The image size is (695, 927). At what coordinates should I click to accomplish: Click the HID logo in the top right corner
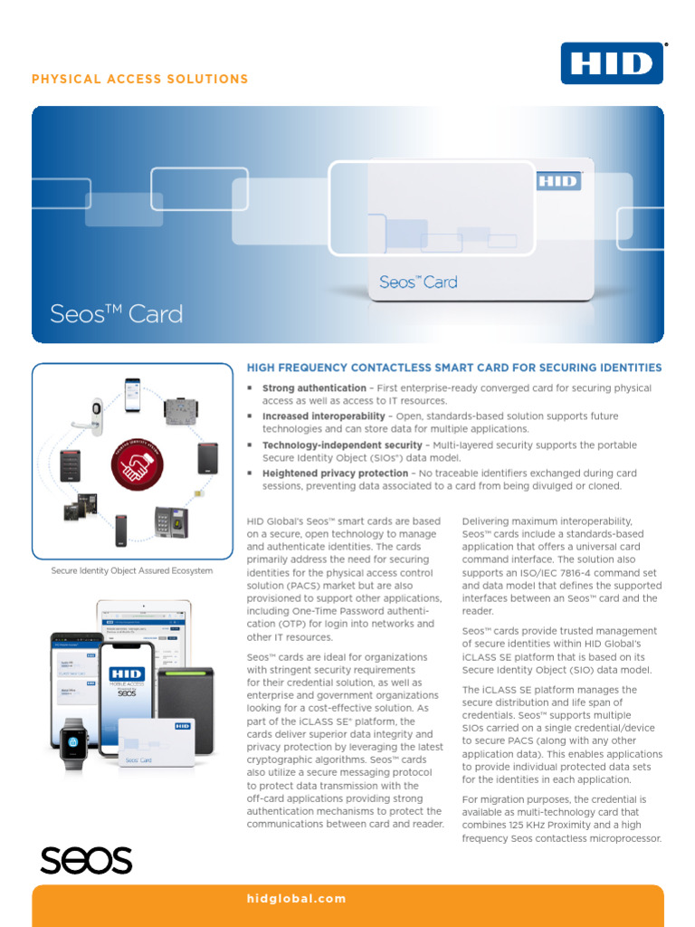point(613,62)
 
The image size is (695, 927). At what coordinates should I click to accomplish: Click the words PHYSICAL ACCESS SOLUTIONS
point(140,80)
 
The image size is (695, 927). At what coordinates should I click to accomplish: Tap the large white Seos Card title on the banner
point(116,314)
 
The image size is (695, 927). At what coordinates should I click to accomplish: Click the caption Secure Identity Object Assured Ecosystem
point(132,571)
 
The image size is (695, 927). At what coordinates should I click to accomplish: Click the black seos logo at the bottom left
point(86,859)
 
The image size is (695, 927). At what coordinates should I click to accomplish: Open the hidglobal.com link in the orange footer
point(296,899)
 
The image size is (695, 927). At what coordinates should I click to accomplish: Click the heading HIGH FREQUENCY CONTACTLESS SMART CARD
point(453,368)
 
